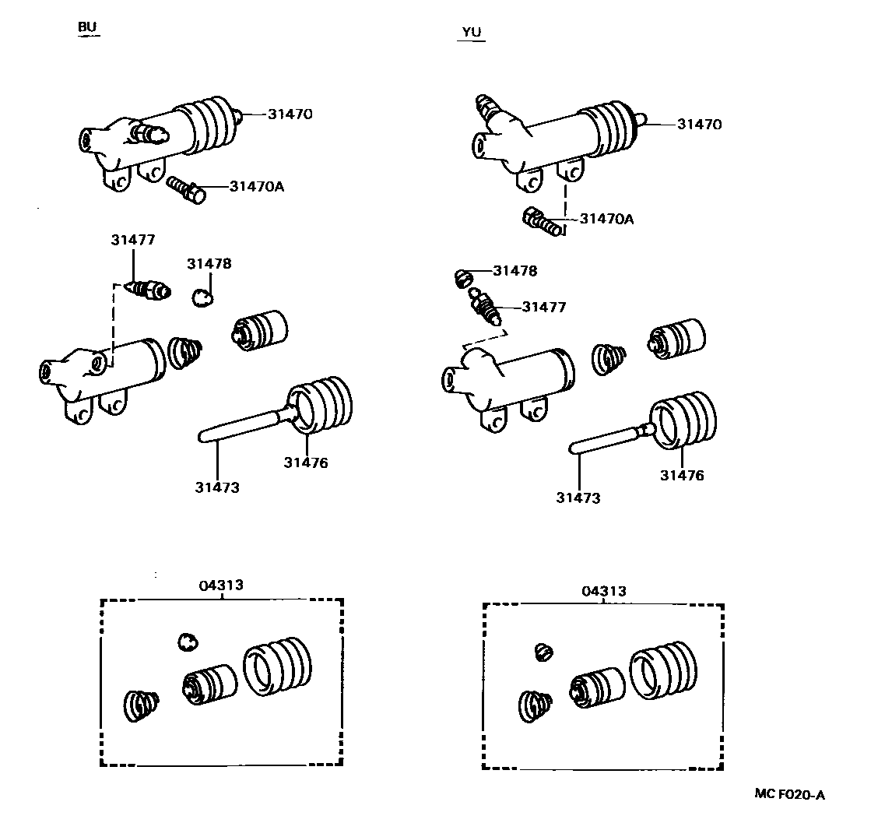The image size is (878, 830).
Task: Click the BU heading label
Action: click(x=87, y=27)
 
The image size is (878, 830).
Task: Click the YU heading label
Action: click(x=472, y=32)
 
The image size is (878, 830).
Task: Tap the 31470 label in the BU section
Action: click(x=290, y=114)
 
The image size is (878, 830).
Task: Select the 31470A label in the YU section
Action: click(x=606, y=219)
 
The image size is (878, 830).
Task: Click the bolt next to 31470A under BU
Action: click(x=186, y=188)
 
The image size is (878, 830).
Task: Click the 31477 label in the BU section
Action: click(x=132, y=241)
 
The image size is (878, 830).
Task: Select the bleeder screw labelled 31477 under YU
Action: click(x=484, y=307)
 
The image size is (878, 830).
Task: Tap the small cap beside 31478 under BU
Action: click(x=204, y=297)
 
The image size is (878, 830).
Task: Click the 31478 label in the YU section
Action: click(x=515, y=271)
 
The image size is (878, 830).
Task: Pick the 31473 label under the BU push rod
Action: click(x=217, y=487)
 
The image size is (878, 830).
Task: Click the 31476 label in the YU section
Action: click(x=682, y=475)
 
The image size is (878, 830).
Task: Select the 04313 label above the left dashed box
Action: click(x=222, y=585)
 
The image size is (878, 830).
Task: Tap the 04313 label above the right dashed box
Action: click(x=603, y=591)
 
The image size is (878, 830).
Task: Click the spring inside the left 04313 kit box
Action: click(x=141, y=705)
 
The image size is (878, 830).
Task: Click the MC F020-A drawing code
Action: click(x=789, y=794)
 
